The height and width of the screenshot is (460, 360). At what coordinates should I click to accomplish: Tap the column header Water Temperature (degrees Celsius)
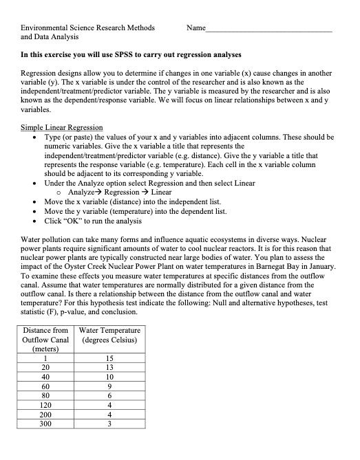point(110,336)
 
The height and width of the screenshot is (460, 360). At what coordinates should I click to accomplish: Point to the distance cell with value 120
point(45,406)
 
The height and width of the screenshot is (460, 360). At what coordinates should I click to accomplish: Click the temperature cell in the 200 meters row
point(110,415)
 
